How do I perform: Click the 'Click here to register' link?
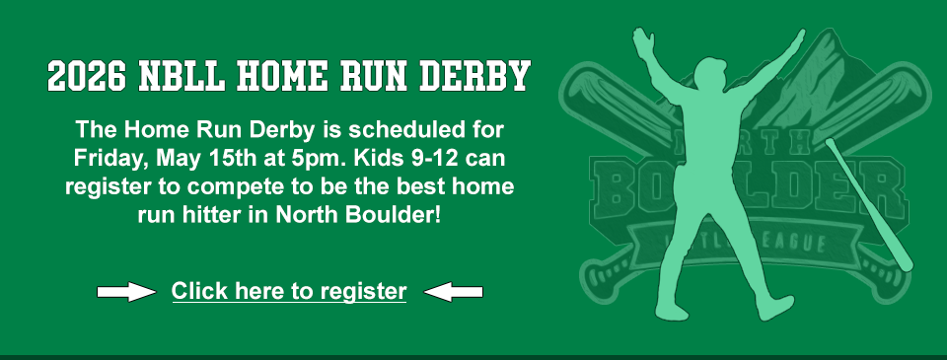point(289,292)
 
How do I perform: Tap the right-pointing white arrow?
point(126,292)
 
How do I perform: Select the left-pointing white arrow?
point(453,292)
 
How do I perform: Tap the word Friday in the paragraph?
point(109,158)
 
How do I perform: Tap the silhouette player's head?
point(706,71)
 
